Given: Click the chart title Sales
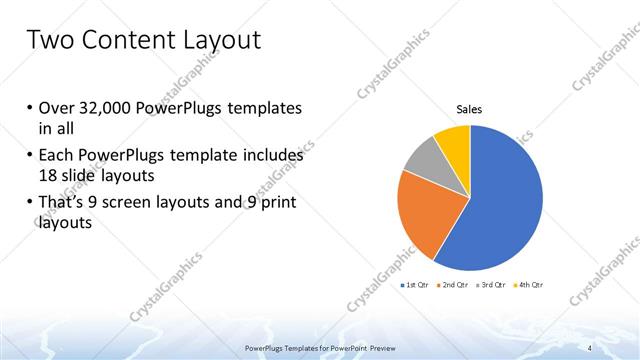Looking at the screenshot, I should click(470, 109).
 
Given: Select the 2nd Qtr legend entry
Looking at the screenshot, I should click(456, 287).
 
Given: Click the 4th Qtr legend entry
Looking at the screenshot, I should click(527, 287).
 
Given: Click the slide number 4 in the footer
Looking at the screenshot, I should click(590, 347).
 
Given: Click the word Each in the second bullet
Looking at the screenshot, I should click(55, 155).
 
